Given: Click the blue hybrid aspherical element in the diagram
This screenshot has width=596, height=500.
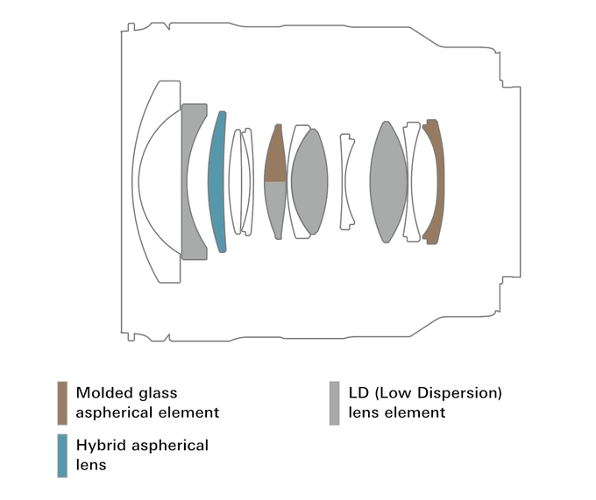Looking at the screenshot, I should [x=216, y=181].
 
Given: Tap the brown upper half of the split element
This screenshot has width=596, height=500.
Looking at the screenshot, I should [x=275, y=158].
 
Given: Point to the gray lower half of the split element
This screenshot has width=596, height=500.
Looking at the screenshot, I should [x=275, y=208].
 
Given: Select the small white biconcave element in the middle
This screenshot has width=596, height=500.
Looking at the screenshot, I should [x=348, y=181].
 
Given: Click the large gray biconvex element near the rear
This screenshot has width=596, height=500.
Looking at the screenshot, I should [x=389, y=181].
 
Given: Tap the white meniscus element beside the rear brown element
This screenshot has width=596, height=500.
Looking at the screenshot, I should [x=413, y=181].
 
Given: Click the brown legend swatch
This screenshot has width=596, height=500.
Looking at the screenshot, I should [x=62, y=403].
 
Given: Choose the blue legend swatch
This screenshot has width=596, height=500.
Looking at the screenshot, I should [x=62, y=455].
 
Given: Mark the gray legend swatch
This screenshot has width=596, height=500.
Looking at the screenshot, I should [x=334, y=403].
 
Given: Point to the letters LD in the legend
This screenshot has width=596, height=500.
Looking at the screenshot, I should [x=358, y=393].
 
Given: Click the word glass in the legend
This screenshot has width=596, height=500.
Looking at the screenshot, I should [x=156, y=393].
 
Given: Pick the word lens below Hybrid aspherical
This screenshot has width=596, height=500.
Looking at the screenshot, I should [x=90, y=465].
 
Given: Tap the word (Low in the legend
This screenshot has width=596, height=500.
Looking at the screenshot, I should [x=394, y=393].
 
